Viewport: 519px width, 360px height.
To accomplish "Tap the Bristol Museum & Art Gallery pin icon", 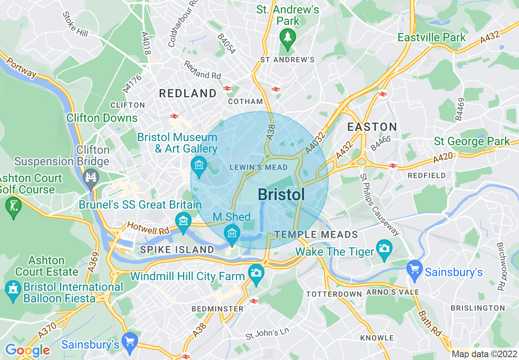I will pyautogui.click(x=199, y=166).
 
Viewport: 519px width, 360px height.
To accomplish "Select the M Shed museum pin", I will pyautogui.click(x=232, y=234).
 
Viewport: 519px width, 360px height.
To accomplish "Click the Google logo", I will pyautogui.click(x=27, y=350).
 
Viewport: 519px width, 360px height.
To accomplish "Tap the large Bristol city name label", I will pyautogui.click(x=281, y=195).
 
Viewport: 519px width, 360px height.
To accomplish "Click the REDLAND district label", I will pyautogui.click(x=187, y=93).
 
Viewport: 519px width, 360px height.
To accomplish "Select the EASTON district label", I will pyautogui.click(x=372, y=126).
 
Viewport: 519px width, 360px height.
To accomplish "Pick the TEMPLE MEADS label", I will pyautogui.click(x=316, y=234).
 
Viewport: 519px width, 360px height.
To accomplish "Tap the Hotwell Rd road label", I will pyautogui.click(x=148, y=228).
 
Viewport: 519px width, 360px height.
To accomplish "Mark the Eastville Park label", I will pyautogui.click(x=431, y=37).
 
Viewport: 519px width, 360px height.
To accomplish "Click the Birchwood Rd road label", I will pyautogui.click(x=501, y=266).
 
